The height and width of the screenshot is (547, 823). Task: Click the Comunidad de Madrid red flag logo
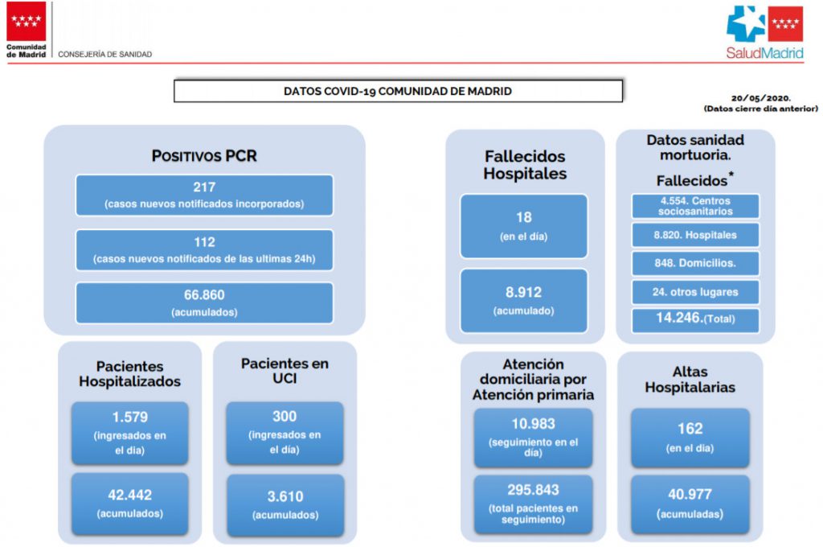[x=26, y=21]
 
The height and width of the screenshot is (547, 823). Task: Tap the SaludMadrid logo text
[x=764, y=53]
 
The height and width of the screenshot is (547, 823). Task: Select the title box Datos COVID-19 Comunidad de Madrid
[x=398, y=91]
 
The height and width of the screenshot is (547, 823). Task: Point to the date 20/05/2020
[x=760, y=98]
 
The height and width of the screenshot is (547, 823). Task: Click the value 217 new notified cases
[x=204, y=187]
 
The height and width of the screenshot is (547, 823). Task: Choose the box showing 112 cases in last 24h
[x=204, y=250]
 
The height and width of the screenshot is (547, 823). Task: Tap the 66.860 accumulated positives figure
[x=204, y=294]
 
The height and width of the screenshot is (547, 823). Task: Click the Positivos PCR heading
[x=204, y=156]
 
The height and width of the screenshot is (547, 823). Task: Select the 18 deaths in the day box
[x=524, y=226]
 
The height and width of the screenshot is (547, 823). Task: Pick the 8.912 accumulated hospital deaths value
[x=523, y=292]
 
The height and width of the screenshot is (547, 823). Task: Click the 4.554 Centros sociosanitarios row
[x=695, y=206]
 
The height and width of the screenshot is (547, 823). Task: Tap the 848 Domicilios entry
[x=695, y=263]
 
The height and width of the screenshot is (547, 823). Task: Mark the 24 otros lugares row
[x=695, y=292]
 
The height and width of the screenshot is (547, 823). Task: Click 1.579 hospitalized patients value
[x=129, y=417]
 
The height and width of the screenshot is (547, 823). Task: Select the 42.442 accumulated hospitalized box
[x=129, y=504]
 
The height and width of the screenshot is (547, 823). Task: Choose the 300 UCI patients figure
[x=285, y=416]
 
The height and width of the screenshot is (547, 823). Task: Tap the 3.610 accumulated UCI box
[x=285, y=505]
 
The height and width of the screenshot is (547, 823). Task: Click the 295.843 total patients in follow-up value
[x=534, y=490]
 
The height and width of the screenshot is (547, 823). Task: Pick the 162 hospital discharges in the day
[x=690, y=428]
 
